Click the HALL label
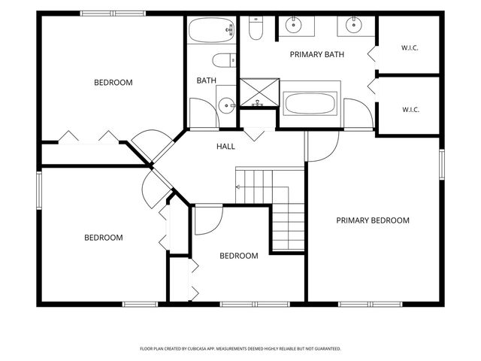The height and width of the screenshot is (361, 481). tap(225, 147)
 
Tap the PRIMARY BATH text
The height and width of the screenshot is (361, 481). tap(317, 55)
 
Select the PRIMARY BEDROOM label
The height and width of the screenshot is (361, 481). tap(373, 220)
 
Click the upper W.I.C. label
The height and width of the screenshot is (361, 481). tap(410, 48)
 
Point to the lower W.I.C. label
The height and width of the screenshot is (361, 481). tap(411, 110)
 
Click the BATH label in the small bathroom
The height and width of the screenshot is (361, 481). tap(207, 80)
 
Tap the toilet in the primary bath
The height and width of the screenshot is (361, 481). tap(256, 29)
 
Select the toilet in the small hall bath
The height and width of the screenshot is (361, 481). tap(224, 60)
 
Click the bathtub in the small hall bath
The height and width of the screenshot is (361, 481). tap(211, 30)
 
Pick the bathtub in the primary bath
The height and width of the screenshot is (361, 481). tap(310, 104)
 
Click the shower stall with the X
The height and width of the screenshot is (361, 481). tap(259, 93)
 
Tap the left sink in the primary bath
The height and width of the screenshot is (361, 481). tap(294, 25)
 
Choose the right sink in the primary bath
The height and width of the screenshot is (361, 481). tap(354, 25)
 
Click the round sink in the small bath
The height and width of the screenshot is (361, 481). tap(227, 105)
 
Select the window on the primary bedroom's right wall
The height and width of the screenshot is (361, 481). tap(442, 164)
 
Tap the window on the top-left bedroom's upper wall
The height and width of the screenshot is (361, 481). tap(113, 14)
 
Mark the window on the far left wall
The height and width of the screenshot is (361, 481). tap(39, 190)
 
